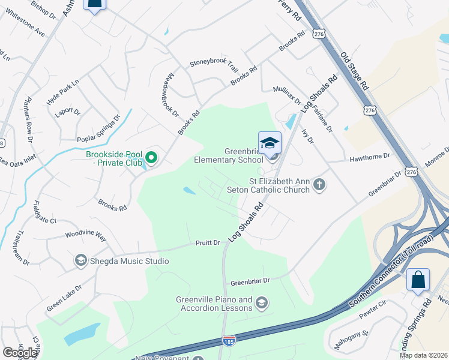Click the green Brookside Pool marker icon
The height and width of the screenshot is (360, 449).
(151, 158)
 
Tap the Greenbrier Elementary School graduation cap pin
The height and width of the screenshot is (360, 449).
(270, 143)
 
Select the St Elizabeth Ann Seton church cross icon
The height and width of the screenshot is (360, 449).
(319, 184)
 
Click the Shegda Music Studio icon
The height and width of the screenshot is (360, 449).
(80, 260)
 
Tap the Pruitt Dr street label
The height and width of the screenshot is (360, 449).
(207, 243)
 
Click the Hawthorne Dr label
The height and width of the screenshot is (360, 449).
(369, 156)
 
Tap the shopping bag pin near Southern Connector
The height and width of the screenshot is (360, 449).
(418, 280)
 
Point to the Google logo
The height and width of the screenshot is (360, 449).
(20, 353)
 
